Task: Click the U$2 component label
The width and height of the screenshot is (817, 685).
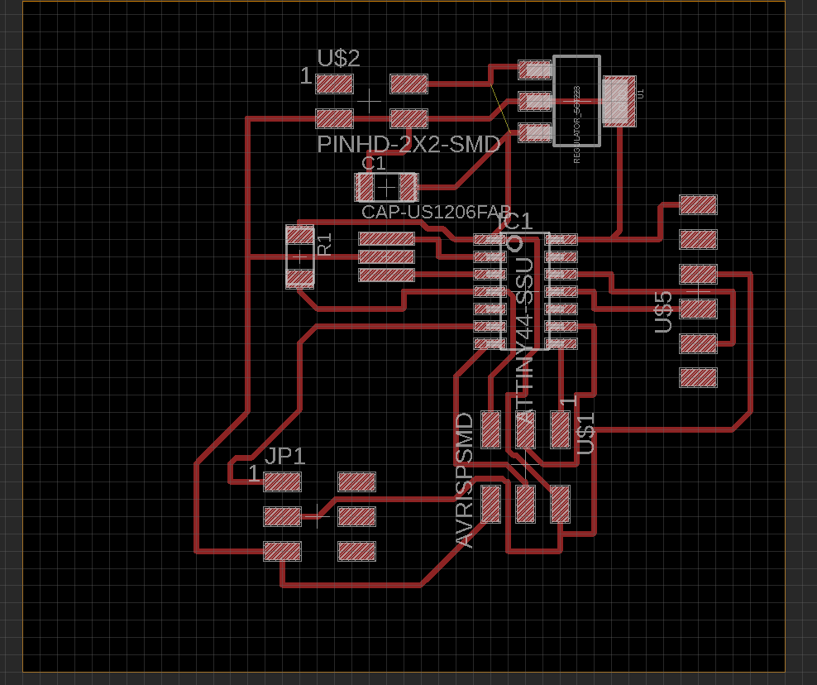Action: click(x=339, y=59)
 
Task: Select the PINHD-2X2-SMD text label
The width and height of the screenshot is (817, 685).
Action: click(x=408, y=145)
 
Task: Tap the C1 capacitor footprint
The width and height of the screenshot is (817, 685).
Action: click(x=386, y=187)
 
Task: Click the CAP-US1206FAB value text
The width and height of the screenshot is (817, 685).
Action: click(x=435, y=212)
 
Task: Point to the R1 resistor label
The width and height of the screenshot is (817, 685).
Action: click(x=325, y=244)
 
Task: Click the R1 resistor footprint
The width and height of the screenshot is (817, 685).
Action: click(x=299, y=256)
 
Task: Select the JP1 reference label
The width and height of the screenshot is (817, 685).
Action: click(x=285, y=456)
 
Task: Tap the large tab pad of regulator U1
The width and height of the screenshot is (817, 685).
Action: click(x=619, y=101)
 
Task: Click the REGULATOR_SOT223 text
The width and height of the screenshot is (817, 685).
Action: click(x=576, y=124)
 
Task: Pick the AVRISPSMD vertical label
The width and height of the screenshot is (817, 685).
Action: click(x=465, y=480)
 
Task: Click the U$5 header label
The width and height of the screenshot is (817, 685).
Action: click(x=663, y=312)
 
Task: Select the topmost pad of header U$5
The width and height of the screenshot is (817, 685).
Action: click(x=698, y=204)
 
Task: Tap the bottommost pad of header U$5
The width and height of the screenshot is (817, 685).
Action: click(x=698, y=378)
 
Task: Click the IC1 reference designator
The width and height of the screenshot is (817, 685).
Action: click(x=515, y=222)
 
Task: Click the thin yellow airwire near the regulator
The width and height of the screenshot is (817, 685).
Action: click(x=499, y=106)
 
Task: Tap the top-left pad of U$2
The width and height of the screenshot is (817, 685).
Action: click(x=335, y=84)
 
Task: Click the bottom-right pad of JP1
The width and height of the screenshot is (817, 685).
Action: click(x=357, y=551)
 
